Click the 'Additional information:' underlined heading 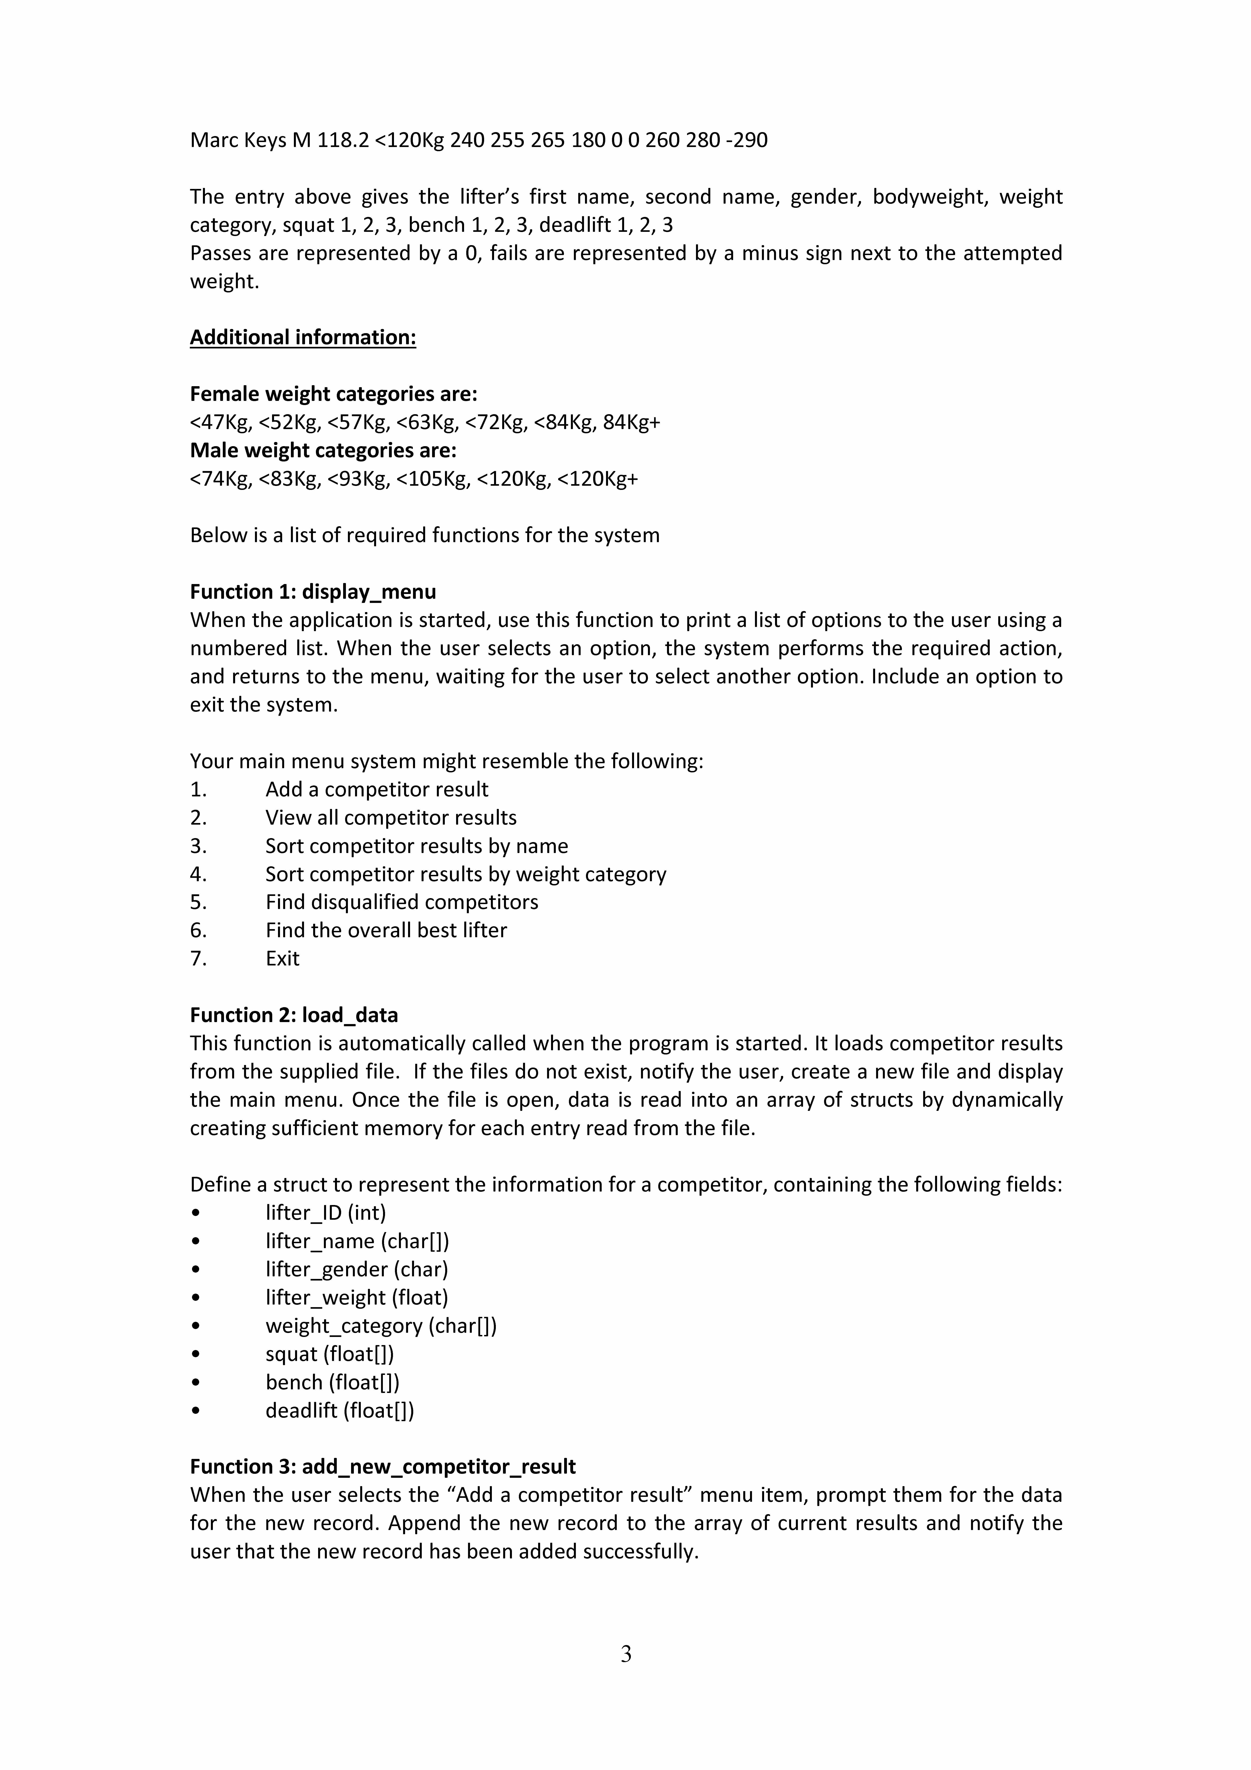(303, 338)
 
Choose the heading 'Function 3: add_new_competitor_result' (383, 1466)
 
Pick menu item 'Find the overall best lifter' (386, 930)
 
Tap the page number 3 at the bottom (626, 1654)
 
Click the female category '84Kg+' (631, 423)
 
